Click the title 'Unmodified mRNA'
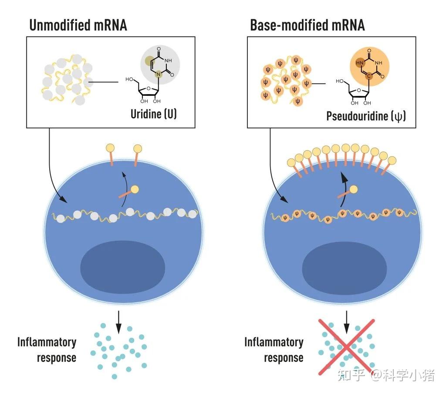pos(78,25)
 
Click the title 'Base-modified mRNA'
pos(307,25)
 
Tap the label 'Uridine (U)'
pos(154,114)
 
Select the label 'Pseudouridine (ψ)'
pos(366,116)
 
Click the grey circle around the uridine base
pos(160,65)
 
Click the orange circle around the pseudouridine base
pos(369,67)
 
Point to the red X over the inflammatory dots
pos(346,347)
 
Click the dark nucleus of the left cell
pos(122,267)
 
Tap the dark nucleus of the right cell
pos(344,268)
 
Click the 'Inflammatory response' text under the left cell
pos(47,350)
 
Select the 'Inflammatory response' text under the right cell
pos(274,350)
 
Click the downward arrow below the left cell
pos(118,322)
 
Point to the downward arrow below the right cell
pos(346,322)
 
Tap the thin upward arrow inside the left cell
pos(125,189)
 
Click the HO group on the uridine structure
pos(129,79)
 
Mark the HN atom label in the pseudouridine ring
pos(359,63)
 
